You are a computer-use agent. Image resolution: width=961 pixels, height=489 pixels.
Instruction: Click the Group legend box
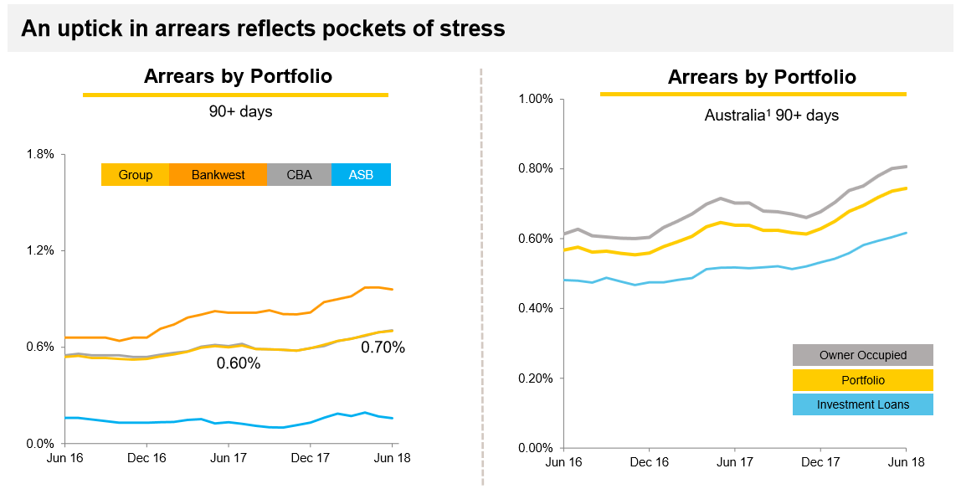[136, 175]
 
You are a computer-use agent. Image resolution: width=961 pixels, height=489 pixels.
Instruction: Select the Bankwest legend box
[218, 175]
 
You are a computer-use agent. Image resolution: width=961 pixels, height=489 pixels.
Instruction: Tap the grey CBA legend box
[299, 175]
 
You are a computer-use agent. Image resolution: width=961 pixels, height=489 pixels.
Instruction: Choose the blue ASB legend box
[361, 175]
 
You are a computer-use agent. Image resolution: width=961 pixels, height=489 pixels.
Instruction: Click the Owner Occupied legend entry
[862, 355]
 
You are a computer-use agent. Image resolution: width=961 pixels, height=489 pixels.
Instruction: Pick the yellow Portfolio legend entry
[862, 380]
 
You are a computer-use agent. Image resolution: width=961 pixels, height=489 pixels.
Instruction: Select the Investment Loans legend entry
[862, 405]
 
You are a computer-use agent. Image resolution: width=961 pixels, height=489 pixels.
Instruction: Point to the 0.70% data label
[383, 347]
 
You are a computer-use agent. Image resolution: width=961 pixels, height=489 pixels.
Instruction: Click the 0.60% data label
[239, 363]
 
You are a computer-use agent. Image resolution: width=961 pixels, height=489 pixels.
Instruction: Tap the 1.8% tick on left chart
[39, 154]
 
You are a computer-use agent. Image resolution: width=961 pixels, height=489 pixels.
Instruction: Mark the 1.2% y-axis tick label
[39, 250]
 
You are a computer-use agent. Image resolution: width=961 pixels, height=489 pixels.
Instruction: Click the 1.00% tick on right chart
[536, 99]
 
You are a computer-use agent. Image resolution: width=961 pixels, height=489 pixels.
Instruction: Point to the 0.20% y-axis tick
[536, 378]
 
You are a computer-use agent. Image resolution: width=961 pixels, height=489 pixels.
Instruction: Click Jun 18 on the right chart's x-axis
[907, 462]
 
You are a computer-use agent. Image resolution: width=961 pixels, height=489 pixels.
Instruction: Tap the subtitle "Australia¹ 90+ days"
[771, 116]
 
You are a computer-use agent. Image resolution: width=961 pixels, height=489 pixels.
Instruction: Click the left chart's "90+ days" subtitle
[240, 111]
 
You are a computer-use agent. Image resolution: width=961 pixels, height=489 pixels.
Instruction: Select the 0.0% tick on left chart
[39, 443]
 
